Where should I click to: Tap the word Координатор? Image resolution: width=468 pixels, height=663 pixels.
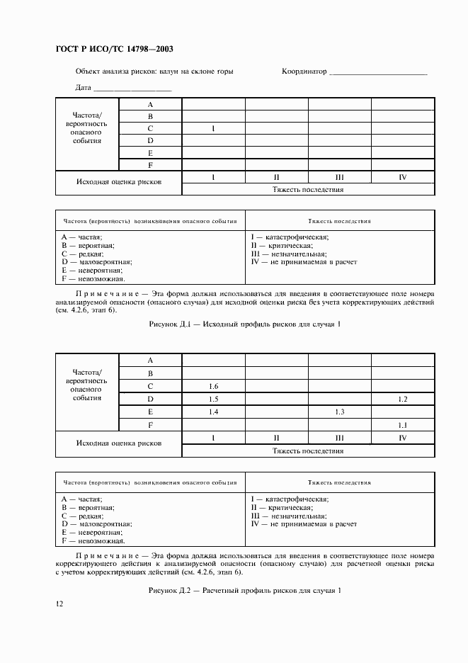click(304, 72)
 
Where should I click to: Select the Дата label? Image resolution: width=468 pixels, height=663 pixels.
click(83, 88)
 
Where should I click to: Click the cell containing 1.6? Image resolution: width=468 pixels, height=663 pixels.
click(214, 386)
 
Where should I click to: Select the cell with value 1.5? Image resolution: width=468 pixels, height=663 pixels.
click(214, 399)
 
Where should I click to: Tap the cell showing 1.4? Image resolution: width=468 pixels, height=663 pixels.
click(214, 412)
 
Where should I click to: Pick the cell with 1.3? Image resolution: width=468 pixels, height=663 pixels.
click(339, 412)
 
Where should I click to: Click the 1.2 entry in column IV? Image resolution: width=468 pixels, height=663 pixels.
click(402, 399)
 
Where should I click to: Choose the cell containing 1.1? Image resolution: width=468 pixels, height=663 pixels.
click(402, 424)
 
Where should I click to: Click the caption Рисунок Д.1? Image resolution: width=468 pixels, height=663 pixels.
click(167, 323)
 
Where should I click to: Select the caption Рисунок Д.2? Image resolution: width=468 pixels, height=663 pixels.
click(168, 590)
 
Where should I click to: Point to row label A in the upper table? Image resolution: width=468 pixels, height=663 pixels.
click(151, 104)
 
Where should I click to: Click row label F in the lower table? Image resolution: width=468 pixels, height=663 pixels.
click(151, 424)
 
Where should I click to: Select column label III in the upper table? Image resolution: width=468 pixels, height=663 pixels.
click(339, 177)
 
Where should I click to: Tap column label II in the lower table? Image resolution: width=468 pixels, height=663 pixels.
click(277, 438)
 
